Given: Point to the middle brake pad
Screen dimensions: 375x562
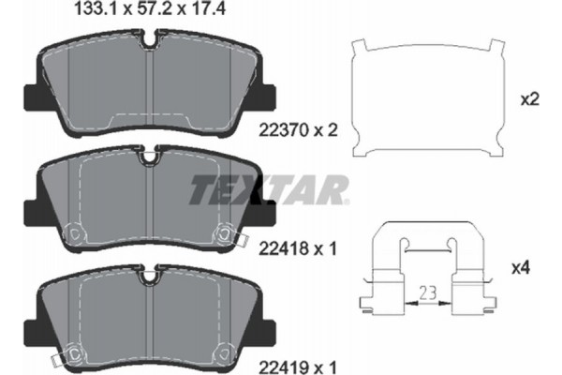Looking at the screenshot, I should coord(150,202).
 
